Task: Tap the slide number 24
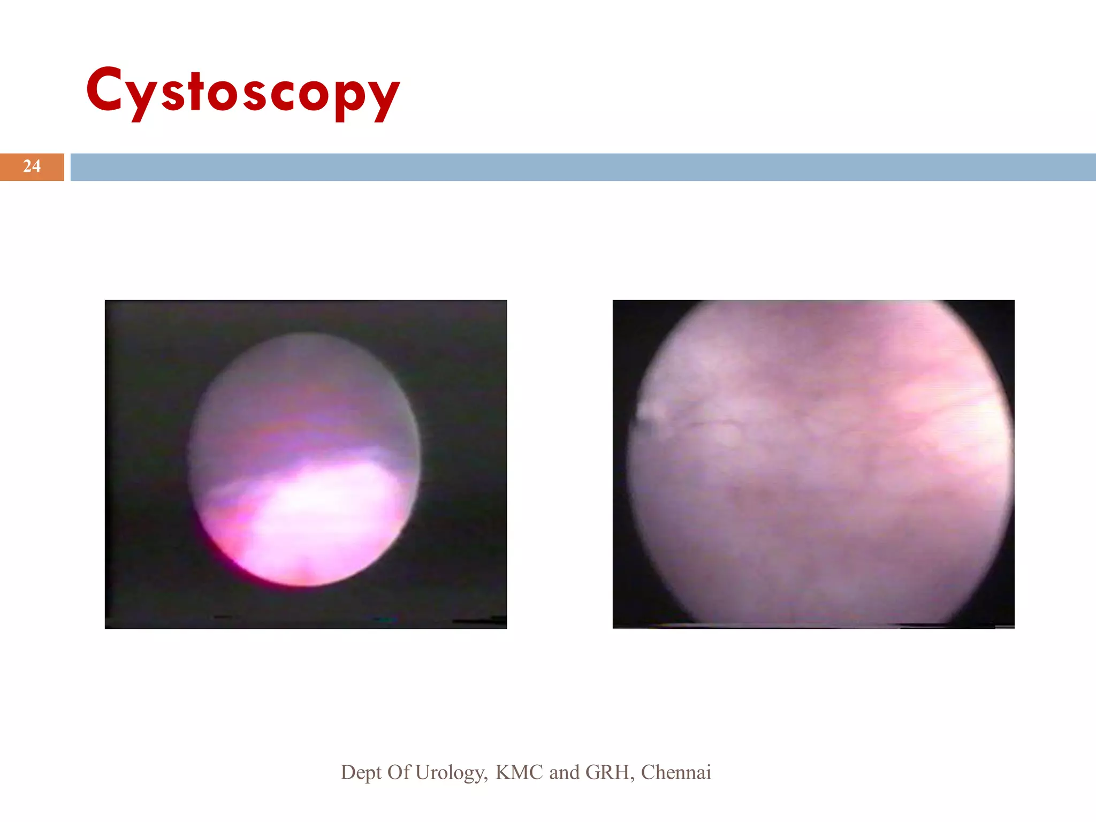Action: coord(32,166)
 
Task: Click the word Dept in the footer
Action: coord(361,772)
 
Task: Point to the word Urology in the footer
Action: coord(451,772)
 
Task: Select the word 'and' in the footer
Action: coord(564,772)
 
